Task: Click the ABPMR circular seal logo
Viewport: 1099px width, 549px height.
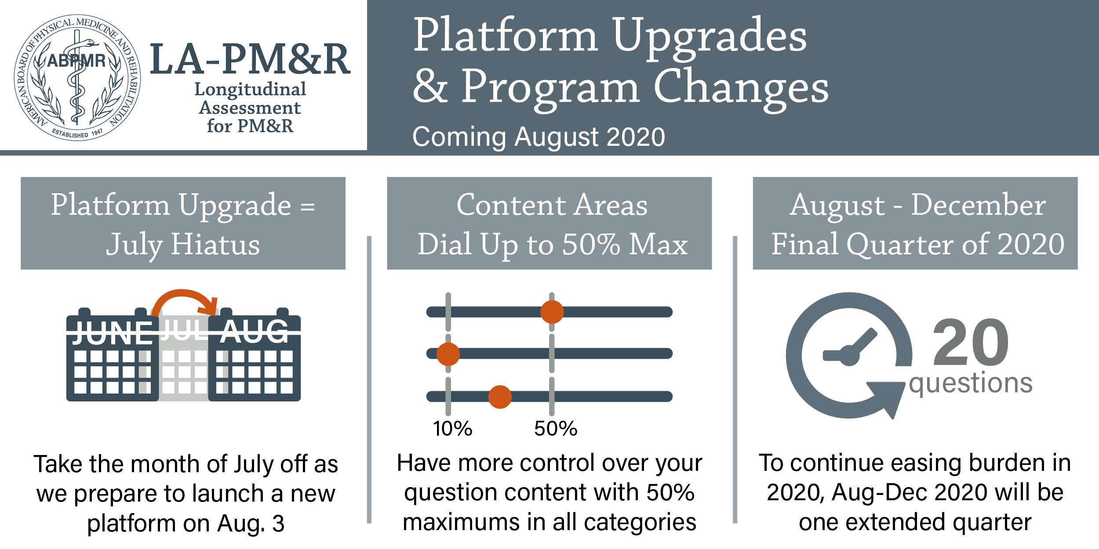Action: point(77,77)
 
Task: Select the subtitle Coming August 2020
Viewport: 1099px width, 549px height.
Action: point(539,137)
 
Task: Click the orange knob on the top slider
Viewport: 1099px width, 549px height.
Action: point(552,312)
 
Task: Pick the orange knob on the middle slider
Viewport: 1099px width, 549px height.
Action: point(448,354)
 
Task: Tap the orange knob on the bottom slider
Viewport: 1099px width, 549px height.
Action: point(500,397)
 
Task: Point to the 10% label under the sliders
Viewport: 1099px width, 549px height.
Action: point(452,429)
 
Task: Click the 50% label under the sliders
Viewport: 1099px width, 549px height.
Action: point(556,429)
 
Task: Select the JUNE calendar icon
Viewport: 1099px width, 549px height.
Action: point(113,354)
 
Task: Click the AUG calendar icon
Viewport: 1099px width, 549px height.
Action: point(255,354)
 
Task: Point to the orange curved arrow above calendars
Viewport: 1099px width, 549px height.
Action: point(183,293)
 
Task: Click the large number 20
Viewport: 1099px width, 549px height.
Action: point(971,343)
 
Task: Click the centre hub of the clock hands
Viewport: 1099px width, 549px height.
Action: point(849,355)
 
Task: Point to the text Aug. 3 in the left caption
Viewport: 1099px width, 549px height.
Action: point(251,524)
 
